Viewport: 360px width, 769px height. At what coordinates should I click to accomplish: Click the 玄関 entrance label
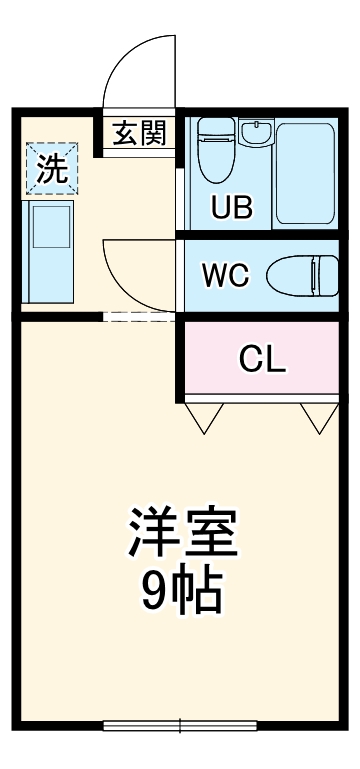(x=139, y=133)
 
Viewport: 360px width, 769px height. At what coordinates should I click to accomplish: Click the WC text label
(x=226, y=275)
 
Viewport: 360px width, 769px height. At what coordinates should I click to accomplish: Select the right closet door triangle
(x=320, y=419)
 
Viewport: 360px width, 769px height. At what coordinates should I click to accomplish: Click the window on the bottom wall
(x=181, y=725)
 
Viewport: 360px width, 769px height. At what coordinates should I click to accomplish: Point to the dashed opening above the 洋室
(x=139, y=316)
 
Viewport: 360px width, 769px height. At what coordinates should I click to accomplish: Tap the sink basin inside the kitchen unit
(x=51, y=228)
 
